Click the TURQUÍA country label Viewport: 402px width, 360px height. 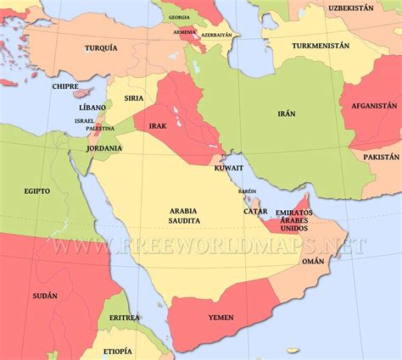point(101,48)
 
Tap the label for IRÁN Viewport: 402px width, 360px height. point(286,113)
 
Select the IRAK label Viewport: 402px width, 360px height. point(158,125)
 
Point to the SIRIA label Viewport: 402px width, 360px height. point(134,98)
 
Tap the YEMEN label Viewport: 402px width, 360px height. point(221,318)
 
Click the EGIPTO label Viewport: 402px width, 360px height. point(36,191)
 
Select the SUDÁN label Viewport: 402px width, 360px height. point(46,296)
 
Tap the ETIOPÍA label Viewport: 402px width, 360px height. point(117,351)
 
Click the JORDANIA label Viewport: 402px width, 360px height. point(104,148)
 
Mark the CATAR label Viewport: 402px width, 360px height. point(255,211)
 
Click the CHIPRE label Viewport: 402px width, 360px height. point(65,86)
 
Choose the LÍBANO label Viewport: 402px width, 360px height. point(92,108)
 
